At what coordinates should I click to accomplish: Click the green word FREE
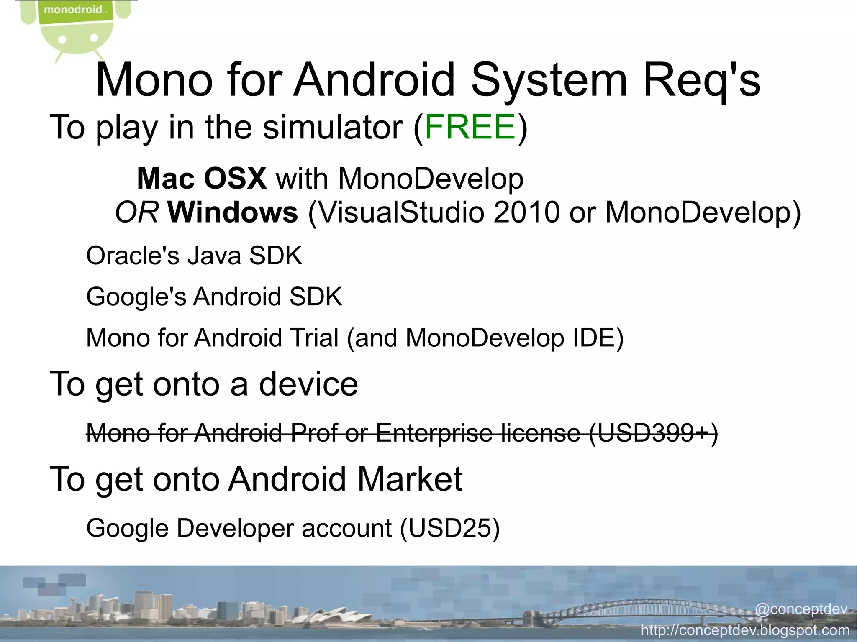coord(470,127)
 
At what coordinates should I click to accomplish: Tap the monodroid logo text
coord(73,9)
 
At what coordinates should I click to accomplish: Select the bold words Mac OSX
coord(202,179)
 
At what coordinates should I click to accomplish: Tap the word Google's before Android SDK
coord(136,297)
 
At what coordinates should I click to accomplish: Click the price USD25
coord(449,528)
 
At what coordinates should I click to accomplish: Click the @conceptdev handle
coord(801,609)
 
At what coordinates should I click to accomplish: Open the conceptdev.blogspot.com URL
coord(745,630)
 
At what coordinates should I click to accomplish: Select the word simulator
coord(333,127)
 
